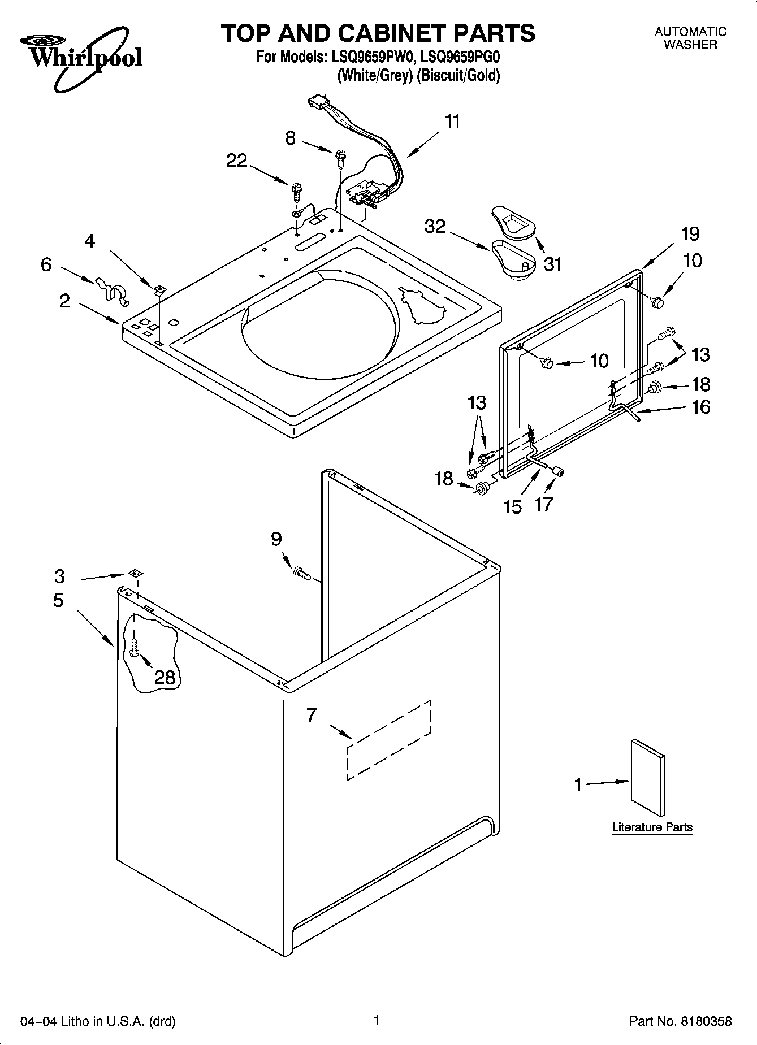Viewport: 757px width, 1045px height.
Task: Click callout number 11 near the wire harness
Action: click(x=452, y=122)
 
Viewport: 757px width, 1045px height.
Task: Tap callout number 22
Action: click(x=237, y=161)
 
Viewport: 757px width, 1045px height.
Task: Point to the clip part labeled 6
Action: click(x=110, y=288)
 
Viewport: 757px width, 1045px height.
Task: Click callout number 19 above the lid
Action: click(x=690, y=233)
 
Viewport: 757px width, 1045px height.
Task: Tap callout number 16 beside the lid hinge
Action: click(x=701, y=407)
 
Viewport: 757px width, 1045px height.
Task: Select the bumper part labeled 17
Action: click(x=560, y=470)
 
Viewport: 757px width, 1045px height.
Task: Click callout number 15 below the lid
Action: click(x=513, y=506)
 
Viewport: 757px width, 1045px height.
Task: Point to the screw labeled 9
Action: click(x=301, y=574)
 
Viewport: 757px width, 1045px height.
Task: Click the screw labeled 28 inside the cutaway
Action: click(x=134, y=647)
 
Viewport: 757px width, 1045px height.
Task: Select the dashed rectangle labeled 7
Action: click(x=390, y=739)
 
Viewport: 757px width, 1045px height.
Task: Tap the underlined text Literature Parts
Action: click(x=652, y=827)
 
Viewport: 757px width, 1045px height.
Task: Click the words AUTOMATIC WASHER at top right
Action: click(x=690, y=38)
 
